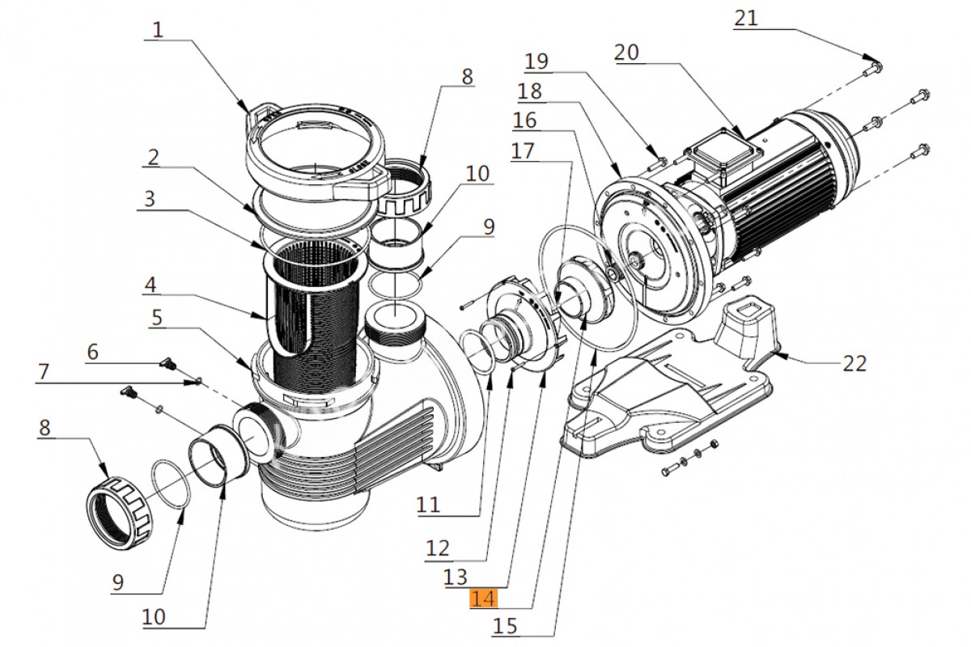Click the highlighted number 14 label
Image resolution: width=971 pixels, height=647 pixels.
484,599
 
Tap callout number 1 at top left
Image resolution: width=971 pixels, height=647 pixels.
158,30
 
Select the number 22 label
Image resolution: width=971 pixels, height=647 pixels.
854,363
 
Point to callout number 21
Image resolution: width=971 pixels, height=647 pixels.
746,18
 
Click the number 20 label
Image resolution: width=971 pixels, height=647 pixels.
626,53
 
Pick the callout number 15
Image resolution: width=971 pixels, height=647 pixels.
506,626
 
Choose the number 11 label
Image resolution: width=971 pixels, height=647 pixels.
429,505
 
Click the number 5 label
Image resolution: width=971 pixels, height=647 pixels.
158,317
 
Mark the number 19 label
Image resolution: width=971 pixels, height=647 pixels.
536,61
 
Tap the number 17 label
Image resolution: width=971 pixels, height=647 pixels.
524,151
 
